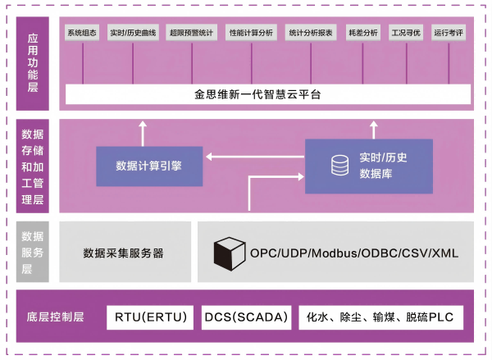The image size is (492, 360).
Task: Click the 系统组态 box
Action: click(x=83, y=34)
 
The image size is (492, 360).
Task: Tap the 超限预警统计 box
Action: click(x=190, y=34)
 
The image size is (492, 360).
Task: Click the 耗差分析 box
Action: click(x=363, y=34)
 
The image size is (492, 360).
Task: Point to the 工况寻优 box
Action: click(x=407, y=34)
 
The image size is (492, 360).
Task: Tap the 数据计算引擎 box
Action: click(x=149, y=165)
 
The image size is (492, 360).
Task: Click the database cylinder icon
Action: click(x=339, y=166)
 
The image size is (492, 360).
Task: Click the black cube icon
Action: click(x=230, y=253)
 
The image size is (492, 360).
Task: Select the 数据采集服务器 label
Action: click(x=124, y=253)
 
